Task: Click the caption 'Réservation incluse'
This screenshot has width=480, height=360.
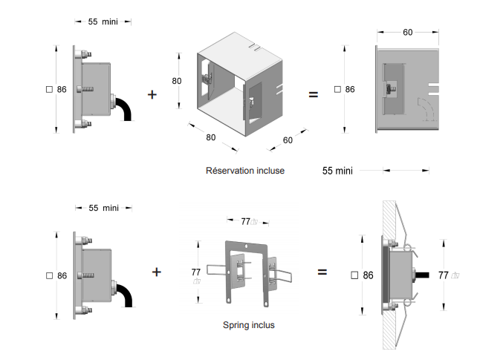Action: coord(244,171)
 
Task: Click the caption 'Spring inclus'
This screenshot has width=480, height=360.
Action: coord(248,325)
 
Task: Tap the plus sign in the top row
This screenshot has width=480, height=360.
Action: coord(153,94)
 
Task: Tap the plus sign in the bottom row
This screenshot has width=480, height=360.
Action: coord(156,272)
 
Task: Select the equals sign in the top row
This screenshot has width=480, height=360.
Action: coord(313,94)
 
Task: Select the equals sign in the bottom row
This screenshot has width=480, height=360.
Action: coord(322,272)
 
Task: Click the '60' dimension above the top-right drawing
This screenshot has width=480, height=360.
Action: coord(408,32)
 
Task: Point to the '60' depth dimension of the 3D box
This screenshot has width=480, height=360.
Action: coord(288,140)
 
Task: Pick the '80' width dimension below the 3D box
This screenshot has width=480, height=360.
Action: coord(210,137)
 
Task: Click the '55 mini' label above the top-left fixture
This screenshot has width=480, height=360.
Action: coord(103,22)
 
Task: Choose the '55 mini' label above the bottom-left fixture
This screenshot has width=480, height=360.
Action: coord(103,208)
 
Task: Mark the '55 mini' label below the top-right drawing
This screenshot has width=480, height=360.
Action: coord(337,171)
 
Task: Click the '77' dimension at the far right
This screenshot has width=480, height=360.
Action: coord(444,275)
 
